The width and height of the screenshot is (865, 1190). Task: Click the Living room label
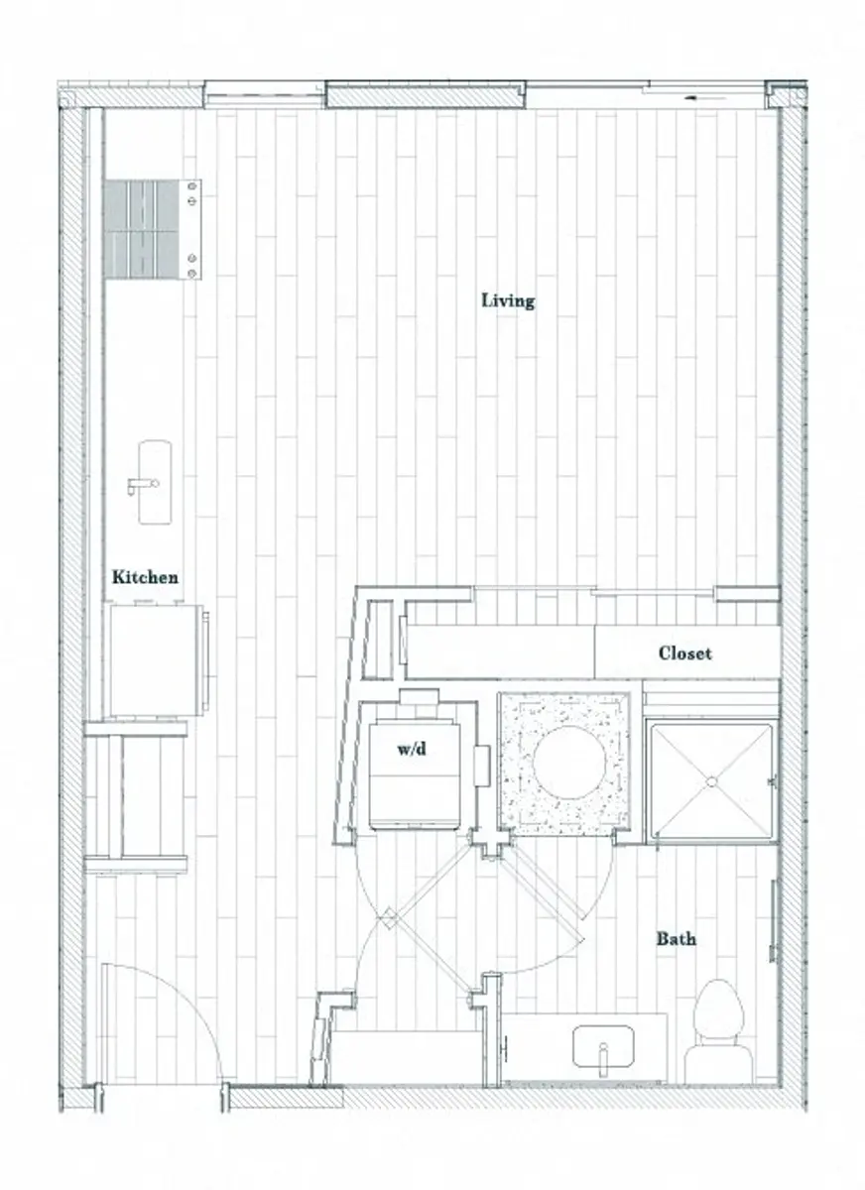pyautogui.click(x=508, y=299)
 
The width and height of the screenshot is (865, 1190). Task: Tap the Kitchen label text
pyautogui.click(x=145, y=576)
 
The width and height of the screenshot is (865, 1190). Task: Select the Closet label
pyautogui.click(x=684, y=654)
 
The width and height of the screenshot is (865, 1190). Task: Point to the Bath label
pyautogui.click(x=676, y=938)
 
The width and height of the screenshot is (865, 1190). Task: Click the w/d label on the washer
pyautogui.click(x=412, y=749)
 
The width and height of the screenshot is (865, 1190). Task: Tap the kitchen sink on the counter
pyautogui.click(x=154, y=482)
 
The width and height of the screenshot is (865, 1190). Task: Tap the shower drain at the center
pyautogui.click(x=711, y=781)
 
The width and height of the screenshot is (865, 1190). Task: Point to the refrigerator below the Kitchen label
pyautogui.click(x=155, y=659)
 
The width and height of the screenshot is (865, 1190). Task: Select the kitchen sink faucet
pyautogui.click(x=142, y=484)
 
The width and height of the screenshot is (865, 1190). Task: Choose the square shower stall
pyautogui.click(x=710, y=781)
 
